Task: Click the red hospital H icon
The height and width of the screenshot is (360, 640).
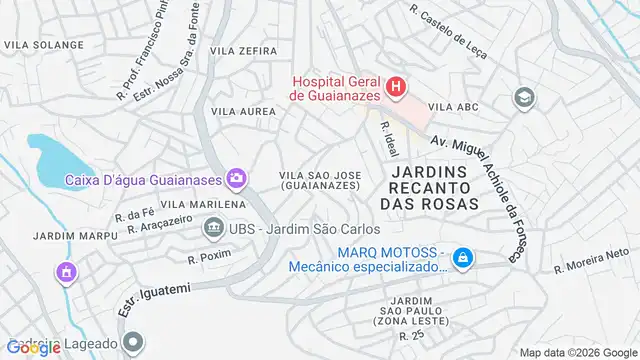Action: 397,86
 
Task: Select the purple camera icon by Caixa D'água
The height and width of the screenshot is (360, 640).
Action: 236,179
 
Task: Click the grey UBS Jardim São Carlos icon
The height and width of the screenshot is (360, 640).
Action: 213,229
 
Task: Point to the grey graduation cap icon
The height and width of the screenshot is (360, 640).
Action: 522,97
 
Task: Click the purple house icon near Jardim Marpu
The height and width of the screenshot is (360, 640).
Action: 66,271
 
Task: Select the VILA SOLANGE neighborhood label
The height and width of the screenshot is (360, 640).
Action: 43,45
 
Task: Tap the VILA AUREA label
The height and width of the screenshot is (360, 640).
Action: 242,112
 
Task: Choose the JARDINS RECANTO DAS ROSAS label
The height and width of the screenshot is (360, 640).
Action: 425,187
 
